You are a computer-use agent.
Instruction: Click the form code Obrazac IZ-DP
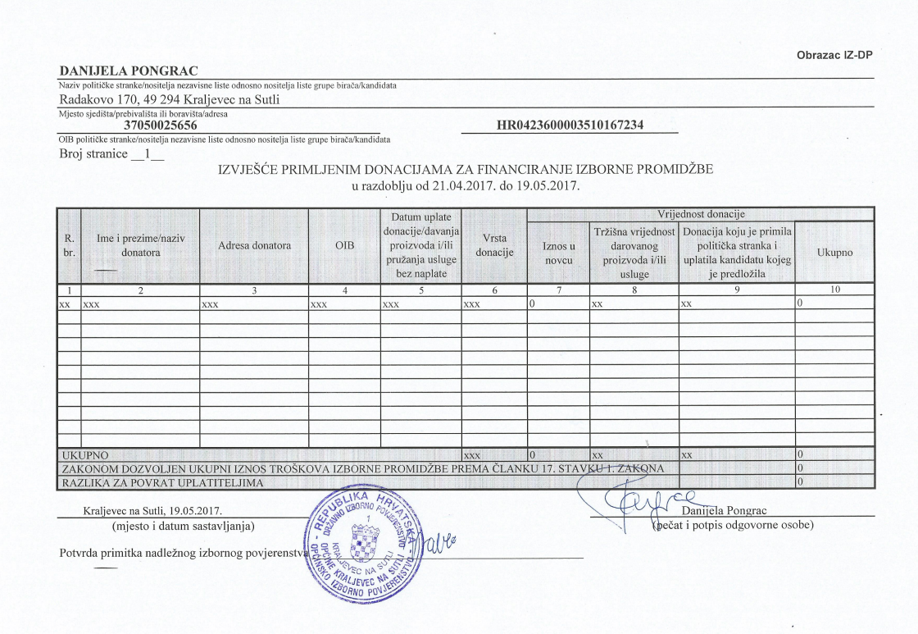point(834,55)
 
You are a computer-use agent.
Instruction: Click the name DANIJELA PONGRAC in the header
point(129,71)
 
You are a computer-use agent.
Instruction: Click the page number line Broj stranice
point(111,154)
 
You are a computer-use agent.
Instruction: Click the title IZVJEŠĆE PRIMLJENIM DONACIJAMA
point(465,170)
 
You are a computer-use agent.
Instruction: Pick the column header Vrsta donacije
point(494,245)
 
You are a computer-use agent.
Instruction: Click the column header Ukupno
point(834,253)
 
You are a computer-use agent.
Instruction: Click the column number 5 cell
point(420,289)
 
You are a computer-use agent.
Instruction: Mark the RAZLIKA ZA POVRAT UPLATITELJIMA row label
point(163,482)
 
